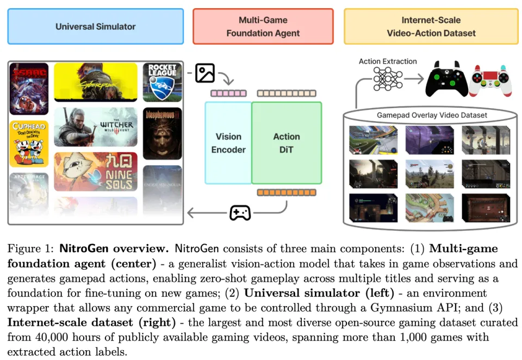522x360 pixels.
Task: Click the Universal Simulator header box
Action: tap(95, 26)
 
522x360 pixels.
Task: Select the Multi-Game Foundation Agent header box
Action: tap(263, 26)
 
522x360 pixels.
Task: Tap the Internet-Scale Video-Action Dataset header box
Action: tap(431, 26)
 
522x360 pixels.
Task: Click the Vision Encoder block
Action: tap(228, 143)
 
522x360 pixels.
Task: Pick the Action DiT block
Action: tap(287, 143)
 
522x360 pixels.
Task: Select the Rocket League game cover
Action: tap(162, 82)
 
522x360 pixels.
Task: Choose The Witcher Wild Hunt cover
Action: tap(95, 127)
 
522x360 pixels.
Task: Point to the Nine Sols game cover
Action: tap(95, 171)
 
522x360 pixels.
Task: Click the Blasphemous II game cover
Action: tap(162, 133)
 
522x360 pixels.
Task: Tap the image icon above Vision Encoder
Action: tap(205, 73)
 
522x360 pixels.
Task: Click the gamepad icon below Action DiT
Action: tap(240, 213)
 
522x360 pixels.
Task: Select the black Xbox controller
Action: tap(446, 81)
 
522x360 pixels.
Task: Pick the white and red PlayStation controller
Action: tap(490, 81)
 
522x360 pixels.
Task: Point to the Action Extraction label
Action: tap(388, 61)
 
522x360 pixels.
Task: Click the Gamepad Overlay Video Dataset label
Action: tap(432, 115)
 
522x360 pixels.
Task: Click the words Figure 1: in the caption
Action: tap(30, 250)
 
